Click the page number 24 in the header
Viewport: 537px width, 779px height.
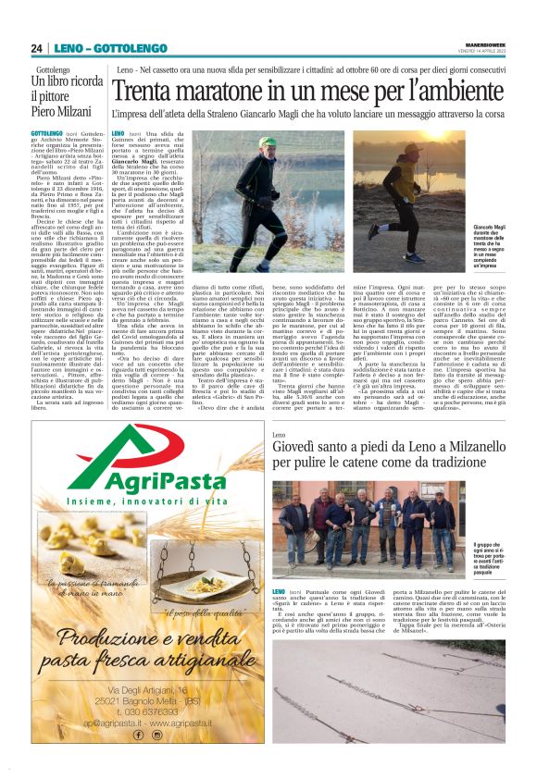(37, 48)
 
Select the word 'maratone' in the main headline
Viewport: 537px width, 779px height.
(231, 92)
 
